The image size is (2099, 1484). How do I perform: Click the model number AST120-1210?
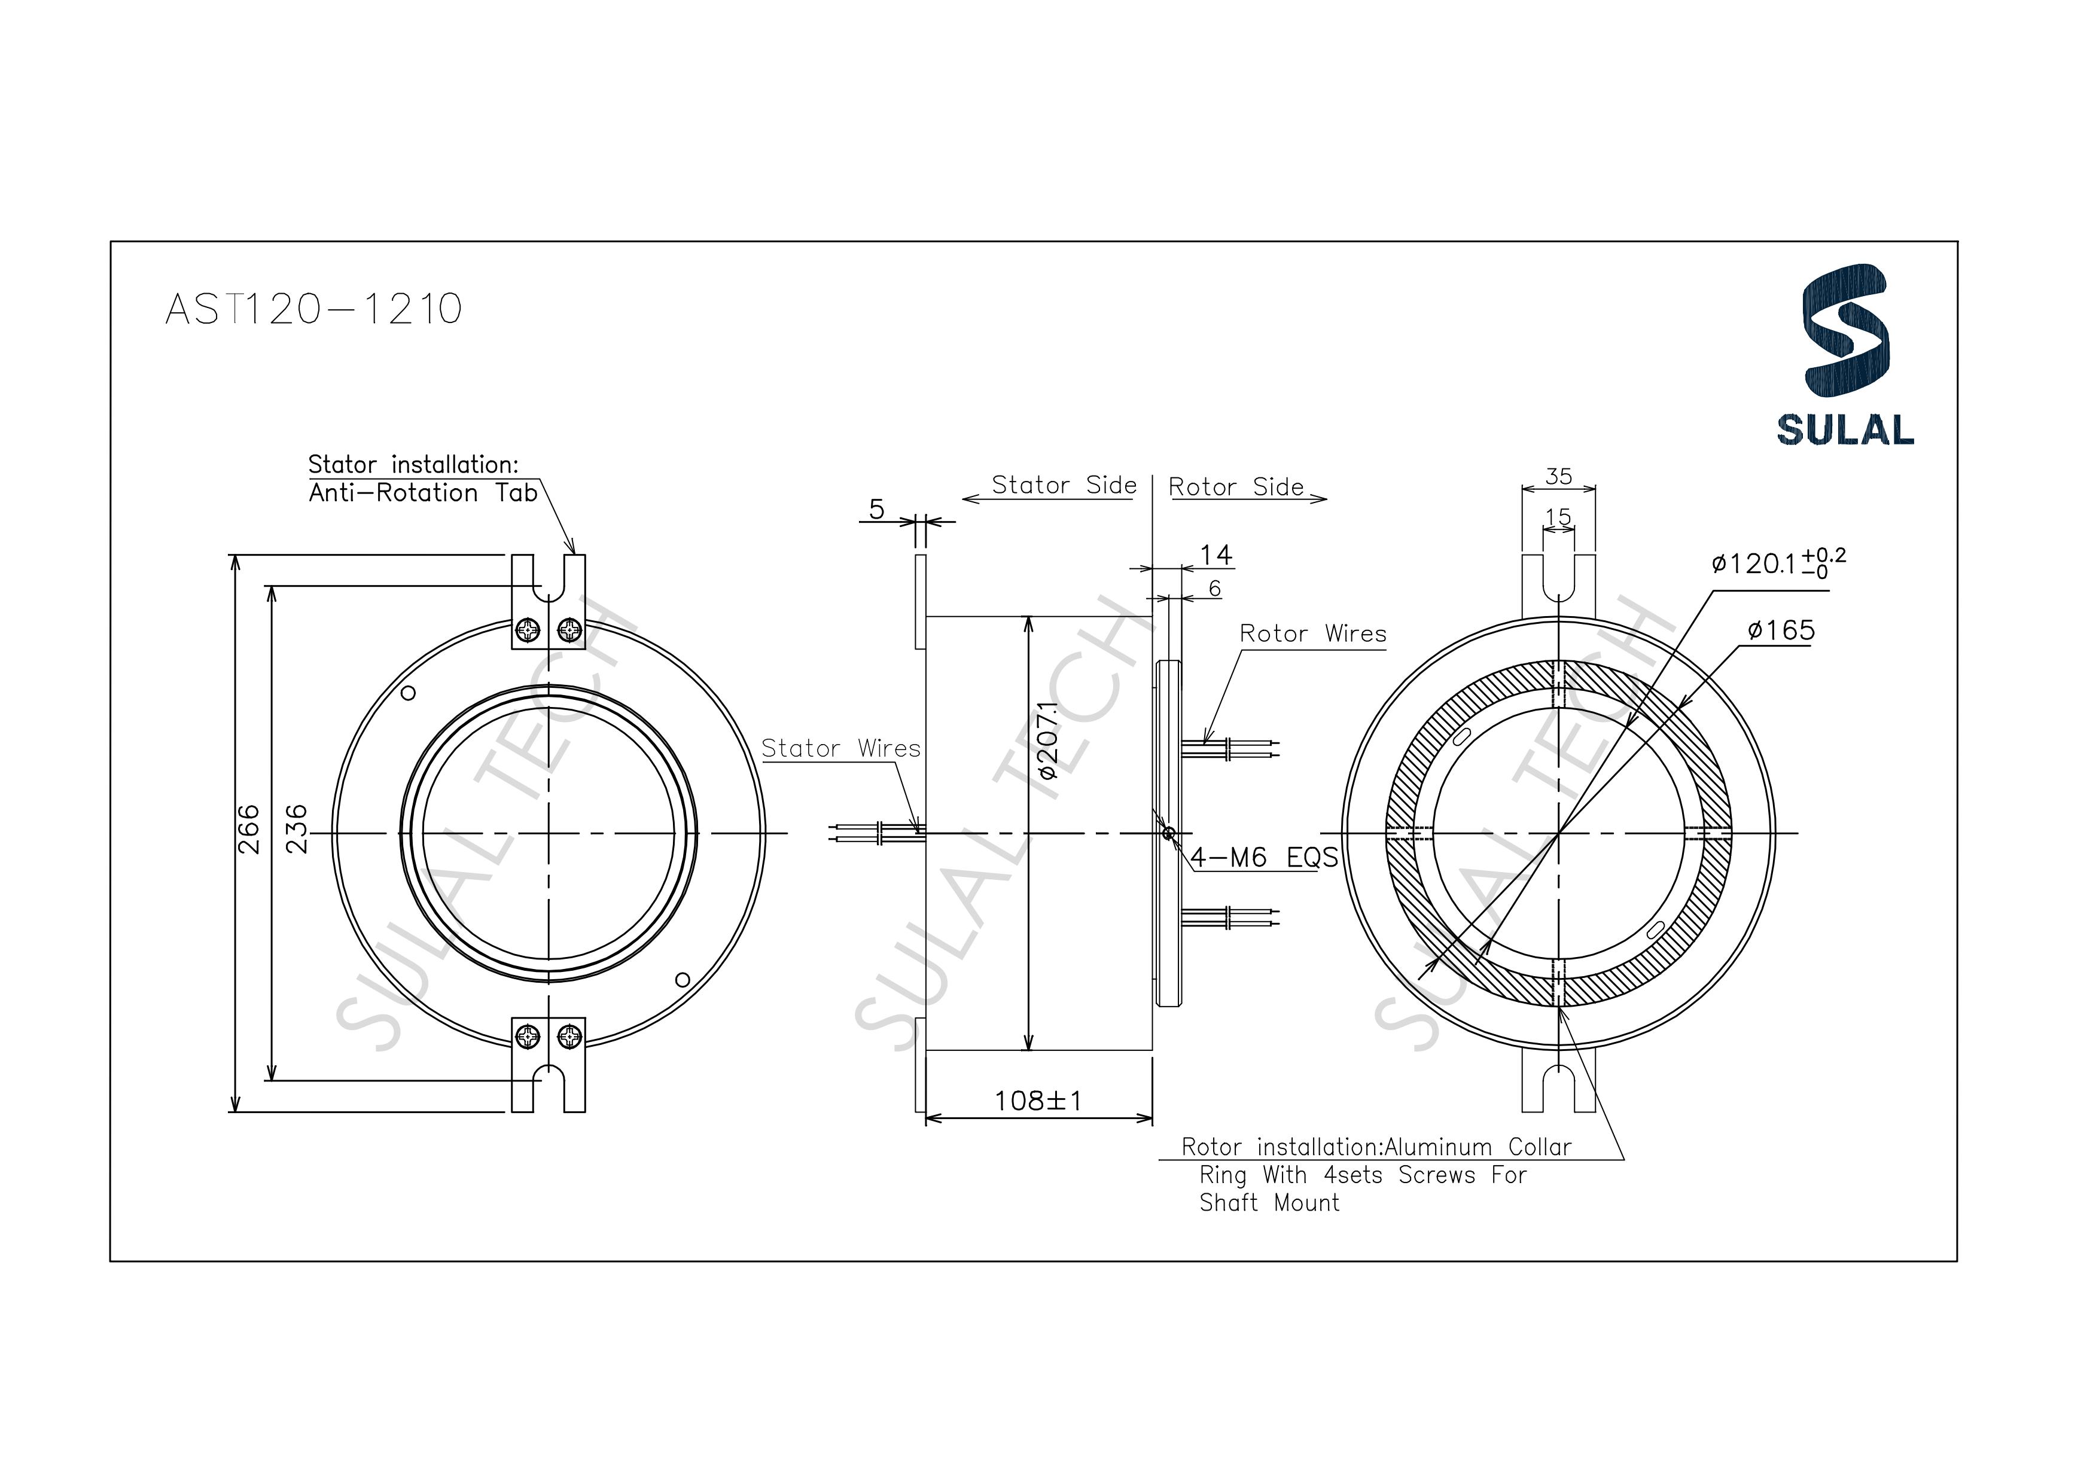(x=313, y=309)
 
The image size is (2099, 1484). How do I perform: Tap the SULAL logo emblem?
(x=1844, y=331)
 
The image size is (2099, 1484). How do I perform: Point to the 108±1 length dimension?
(x=1038, y=1100)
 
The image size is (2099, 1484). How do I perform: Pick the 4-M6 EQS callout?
(x=1263, y=858)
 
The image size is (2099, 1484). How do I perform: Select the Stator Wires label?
(x=840, y=749)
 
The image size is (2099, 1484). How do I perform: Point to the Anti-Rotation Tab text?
(x=422, y=493)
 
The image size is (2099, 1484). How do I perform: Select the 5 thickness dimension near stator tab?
(x=877, y=509)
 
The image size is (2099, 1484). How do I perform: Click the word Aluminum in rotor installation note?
(x=1439, y=1147)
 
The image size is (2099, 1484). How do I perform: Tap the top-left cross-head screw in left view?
(x=528, y=630)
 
